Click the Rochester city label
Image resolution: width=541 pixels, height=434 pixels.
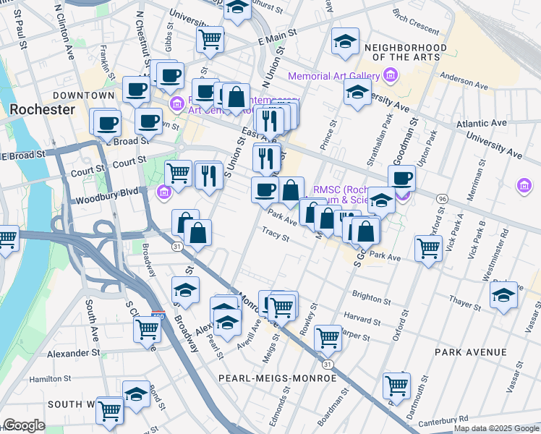[42, 109]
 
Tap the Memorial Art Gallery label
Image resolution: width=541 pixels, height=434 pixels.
[333, 76]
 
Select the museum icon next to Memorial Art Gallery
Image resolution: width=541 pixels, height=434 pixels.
[391, 75]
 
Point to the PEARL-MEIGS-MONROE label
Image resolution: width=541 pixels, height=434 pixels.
[279, 378]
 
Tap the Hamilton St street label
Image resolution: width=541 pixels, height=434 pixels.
[51, 378]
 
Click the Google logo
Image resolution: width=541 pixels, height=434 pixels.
[25, 425]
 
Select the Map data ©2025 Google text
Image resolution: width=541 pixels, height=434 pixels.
[496, 428]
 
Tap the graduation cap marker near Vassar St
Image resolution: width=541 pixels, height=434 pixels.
[503, 294]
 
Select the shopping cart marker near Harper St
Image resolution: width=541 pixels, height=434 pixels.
[328, 336]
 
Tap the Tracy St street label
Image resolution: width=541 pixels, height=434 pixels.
[276, 235]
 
